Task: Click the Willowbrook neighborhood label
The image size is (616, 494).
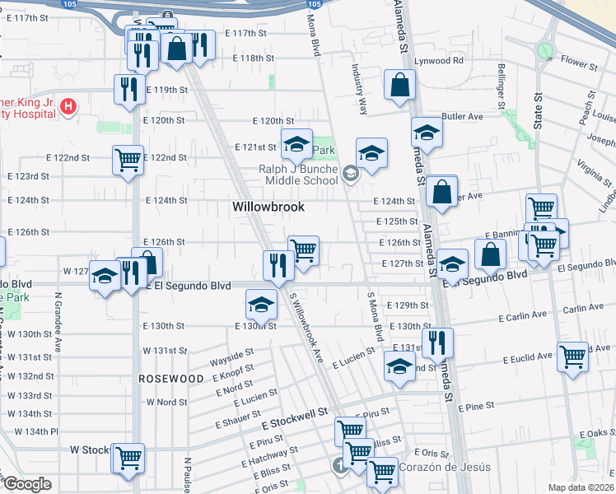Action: (x=268, y=207)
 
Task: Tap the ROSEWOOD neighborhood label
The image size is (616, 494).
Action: (x=171, y=378)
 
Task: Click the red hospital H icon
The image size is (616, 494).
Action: (x=69, y=106)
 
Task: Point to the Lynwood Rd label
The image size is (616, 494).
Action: (x=439, y=61)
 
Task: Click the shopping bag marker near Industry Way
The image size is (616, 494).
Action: (x=399, y=85)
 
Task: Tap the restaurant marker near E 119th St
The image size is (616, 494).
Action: (x=128, y=90)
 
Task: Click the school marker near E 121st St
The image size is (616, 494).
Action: (x=296, y=145)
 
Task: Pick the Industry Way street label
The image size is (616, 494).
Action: (x=359, y=87)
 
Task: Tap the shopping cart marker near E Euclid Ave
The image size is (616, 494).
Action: (x=572, y=357)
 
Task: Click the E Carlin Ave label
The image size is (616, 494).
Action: (x=523, y=315)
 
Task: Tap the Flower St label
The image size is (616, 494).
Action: (x=578, y=63)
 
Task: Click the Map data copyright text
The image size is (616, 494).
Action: (x=581, y=487)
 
